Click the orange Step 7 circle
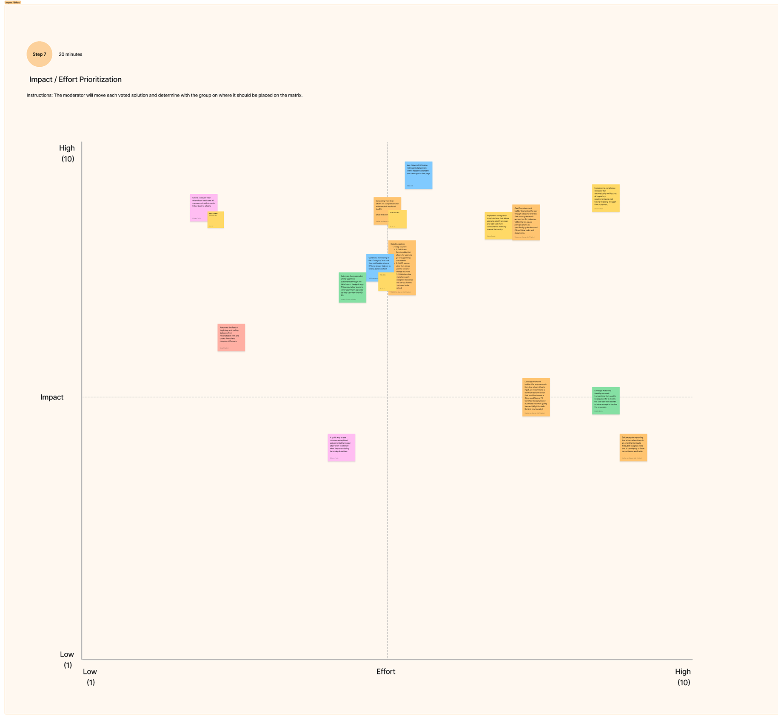39,54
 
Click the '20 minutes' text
70,54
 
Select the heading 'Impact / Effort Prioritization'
75,79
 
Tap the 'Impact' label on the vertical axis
52,397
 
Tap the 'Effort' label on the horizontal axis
385,672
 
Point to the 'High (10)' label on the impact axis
67,153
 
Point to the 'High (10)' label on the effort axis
683,677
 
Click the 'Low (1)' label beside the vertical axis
67,660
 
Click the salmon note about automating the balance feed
231,337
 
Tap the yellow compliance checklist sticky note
605,198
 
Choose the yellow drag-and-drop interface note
498,226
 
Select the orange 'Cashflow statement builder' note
526,222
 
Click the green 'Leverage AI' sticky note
605,401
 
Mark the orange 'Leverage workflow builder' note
536,397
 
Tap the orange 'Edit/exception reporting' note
633,447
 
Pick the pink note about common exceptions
341,447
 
